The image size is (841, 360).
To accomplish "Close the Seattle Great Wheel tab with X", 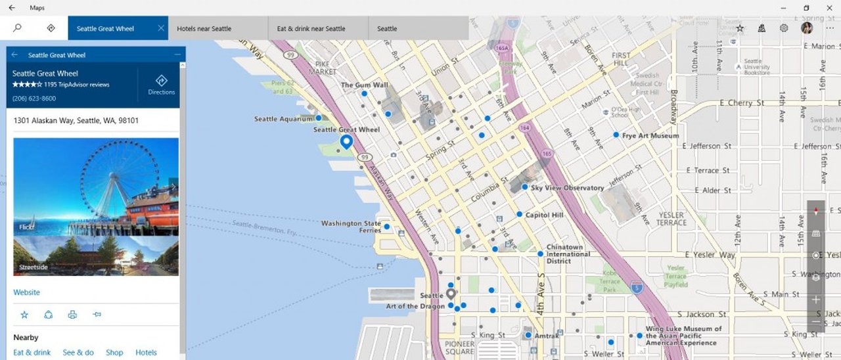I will (161, 28).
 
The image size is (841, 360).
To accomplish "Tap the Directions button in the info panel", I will (161, 85).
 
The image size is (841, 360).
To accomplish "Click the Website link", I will (26, 292).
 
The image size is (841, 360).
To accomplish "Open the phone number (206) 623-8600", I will (34, 99).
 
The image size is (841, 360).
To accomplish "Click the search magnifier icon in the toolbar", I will (17, 28).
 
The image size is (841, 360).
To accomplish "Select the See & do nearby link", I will (78, 353).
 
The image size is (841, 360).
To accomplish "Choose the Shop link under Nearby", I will (114, 353).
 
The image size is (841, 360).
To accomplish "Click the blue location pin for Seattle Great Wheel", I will (346, 142).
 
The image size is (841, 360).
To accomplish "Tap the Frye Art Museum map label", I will (650, 136).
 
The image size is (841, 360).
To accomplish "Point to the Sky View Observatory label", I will (567, 188).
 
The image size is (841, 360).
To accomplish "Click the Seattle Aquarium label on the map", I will (283, 119).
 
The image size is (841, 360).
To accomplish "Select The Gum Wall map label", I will (364, 85).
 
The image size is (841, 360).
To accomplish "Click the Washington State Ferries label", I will (351, 227).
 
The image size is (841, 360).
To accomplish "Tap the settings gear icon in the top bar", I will (784, 28).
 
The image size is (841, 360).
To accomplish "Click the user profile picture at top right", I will (807, 28).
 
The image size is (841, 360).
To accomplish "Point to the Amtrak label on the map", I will (547, 336).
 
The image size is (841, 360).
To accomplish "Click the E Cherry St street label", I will (741, 103).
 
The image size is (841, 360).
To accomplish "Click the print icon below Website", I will (72, 315).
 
